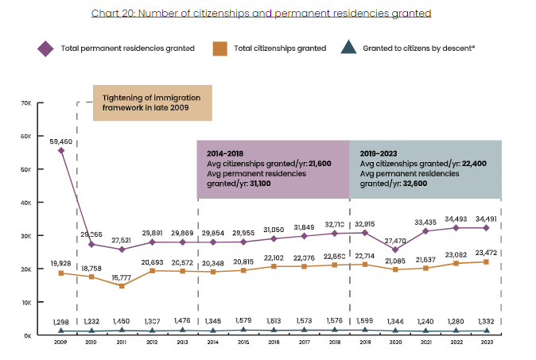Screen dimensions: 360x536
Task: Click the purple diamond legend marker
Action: pyautogui.click(x=45, y=48)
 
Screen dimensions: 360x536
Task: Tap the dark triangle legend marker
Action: pyautogui.click(x=348, y=48)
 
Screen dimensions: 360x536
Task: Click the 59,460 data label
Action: pyautogui.click(x=60, y=141)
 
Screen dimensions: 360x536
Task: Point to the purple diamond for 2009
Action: pyautogui.click(x=61, y=149)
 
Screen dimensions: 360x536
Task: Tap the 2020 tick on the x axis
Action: pyautogui.click(x=395, y=341)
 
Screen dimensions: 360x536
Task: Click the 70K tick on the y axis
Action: pyautogui.click(x=25, y=103)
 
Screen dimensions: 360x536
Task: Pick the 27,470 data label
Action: pyautogui.click(x=395, y=239)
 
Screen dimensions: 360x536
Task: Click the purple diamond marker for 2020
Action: pyautogui.click(x=395, y=250)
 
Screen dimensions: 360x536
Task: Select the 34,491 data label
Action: pyautogui.click(x=486, y=219)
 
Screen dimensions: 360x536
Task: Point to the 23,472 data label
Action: pyautogui.click(x=486, y=254)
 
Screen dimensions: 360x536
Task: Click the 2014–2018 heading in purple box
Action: pyautogui.click(x=225, y=152)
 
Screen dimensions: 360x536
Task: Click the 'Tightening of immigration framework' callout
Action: pyautogui.click(x=153, y=103)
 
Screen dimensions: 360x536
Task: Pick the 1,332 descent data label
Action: pyautogui.click(x=486, y=320)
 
